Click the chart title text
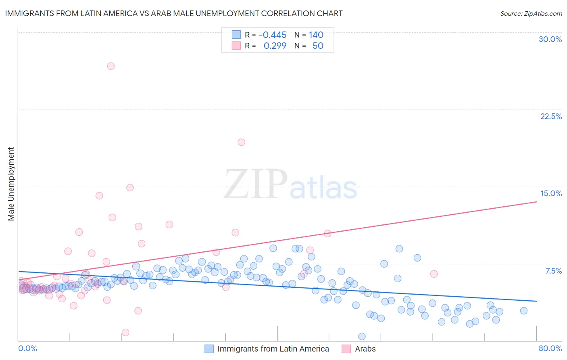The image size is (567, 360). (x=174, y=14)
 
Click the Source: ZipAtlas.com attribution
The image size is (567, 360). (x=531, y=14)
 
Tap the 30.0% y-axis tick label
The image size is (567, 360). (x=550, y=39)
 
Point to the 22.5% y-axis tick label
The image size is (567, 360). (x=551, y=116)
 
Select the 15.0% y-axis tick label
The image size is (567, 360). (x=551, y=193)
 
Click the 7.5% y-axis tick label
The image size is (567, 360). (x=553, y=271)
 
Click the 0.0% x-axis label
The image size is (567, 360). (x=27, y=348)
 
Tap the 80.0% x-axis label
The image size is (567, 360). (x=550, y=348)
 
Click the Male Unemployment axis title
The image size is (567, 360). (x=11, y=184)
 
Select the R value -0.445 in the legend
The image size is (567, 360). (x=273, y=35)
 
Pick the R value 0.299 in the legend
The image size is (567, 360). (x=275, y=46)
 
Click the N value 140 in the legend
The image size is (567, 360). (x=316, y=35)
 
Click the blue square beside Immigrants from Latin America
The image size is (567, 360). (x=209, y=349)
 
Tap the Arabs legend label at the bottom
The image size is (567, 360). (x=365, y=349)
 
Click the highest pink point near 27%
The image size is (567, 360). (x=111, y=66)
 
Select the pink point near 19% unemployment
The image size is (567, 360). (x=241, y=142)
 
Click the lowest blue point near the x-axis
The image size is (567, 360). (x=362, y=337)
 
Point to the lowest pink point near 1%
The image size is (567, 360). (x=125, y=333)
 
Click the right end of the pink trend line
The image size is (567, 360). (x=536, y=201)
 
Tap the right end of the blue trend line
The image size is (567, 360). (x=536, y=301)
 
